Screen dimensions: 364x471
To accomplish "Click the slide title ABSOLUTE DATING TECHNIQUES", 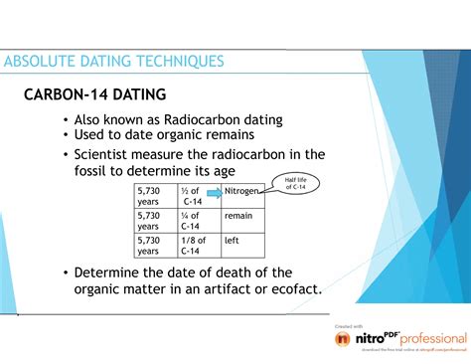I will [x=113, y=62].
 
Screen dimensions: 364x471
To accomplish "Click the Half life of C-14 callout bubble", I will [x=298, y=184].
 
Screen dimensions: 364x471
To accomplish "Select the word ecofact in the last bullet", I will [x=293, y=289].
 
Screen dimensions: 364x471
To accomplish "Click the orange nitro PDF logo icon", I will [x=345, y=339].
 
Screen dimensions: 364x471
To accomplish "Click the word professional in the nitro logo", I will [x=433, y=339].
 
